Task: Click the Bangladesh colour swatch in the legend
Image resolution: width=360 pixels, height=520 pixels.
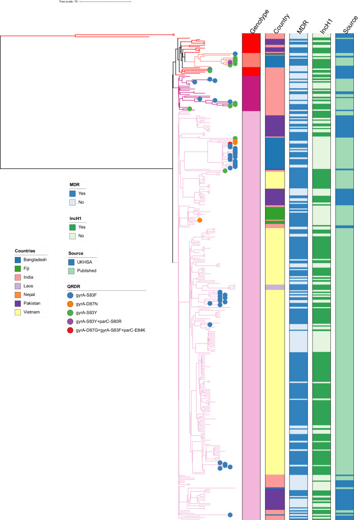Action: pos(20,260)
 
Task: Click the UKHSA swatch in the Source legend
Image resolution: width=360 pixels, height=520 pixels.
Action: pos(73,262)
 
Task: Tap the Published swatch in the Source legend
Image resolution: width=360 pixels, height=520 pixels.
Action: pos(73,271)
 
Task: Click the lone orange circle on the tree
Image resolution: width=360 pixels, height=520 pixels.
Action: pos(200,220)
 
